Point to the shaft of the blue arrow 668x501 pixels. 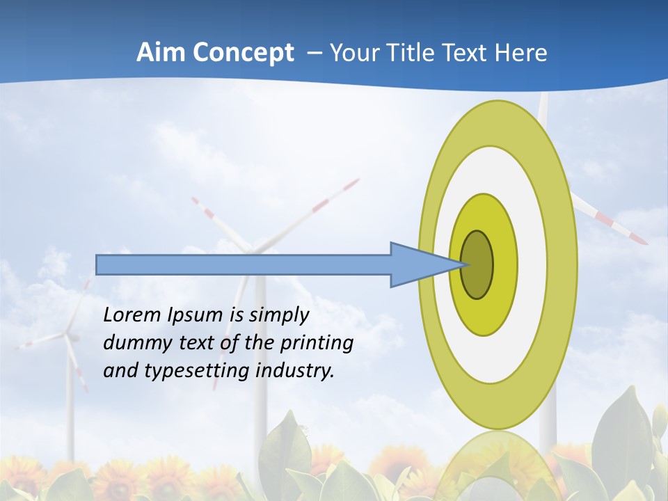[244, 265]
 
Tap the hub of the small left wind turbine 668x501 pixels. [67, 335]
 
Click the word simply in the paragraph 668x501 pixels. [279, 316]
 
